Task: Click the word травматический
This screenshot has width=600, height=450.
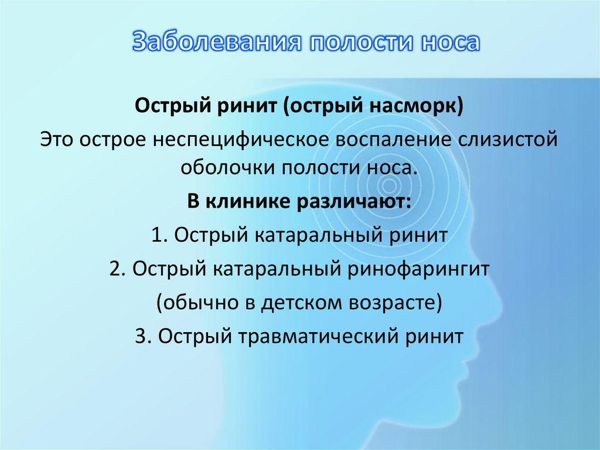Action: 319,337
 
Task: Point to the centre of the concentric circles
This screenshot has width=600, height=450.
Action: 388,187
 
